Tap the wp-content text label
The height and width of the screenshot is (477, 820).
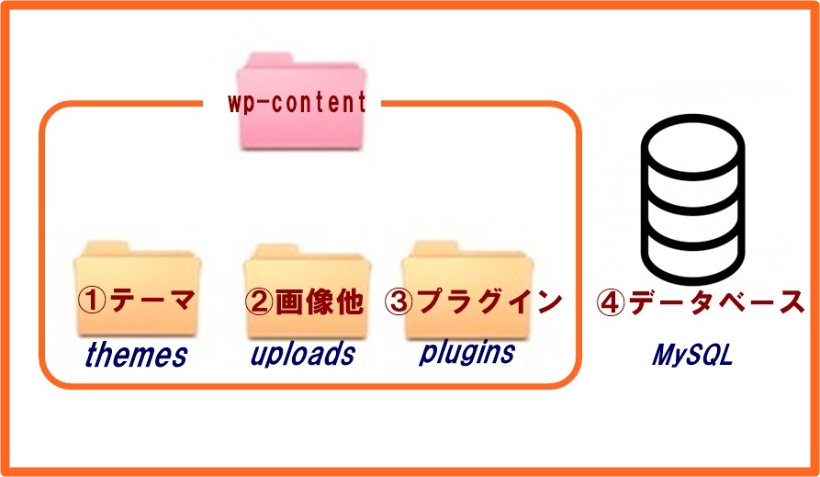point(297,102)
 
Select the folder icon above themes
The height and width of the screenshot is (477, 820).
point(137,289)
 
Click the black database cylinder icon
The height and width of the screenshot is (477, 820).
point(693,199)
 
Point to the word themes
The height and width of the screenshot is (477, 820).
point(136,355)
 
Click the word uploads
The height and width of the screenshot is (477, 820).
point(303,354)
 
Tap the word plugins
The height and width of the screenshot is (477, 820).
point(467,352)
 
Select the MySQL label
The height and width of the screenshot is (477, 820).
point(691,355)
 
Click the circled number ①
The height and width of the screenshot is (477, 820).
point(92,301)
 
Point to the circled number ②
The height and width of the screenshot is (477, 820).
point(259,302)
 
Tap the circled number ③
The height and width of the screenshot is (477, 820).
point(399,301)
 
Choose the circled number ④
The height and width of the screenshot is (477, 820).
point(611,302)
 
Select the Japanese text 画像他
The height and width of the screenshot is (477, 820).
point(319,301)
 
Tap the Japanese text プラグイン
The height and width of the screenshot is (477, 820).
point(489,301)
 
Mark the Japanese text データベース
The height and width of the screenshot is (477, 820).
point(716,301)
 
